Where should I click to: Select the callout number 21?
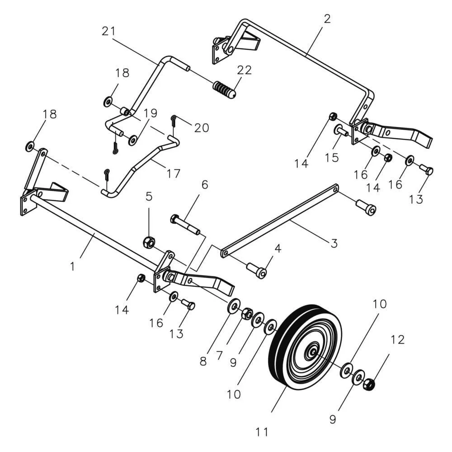[108, 31]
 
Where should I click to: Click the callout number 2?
[327, 19]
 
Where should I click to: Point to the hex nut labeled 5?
[149, 241]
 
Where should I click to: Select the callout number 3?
[334, 243]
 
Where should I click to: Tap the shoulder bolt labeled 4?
[257, 270]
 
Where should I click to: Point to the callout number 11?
[262, 432]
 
